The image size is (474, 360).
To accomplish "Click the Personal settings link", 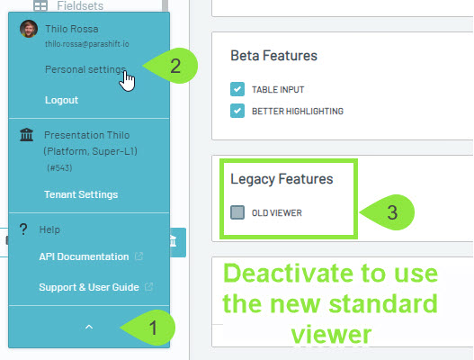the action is click(85, 69).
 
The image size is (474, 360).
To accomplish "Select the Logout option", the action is click(62, 100).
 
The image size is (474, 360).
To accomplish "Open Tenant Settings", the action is click(81, 194).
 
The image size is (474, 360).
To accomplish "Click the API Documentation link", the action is click(84, 256).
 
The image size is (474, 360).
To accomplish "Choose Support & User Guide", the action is click(89, 287).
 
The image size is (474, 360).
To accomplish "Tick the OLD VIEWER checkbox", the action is click(237, 212).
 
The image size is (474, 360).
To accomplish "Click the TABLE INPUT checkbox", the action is click(237, 89).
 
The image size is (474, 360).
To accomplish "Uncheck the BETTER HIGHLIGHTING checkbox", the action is click(237, 111).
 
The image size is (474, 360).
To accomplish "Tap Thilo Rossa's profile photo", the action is click(29, 29).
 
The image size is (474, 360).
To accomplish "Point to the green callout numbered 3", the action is click(388, 212).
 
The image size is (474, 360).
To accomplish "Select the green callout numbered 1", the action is click(148, 328).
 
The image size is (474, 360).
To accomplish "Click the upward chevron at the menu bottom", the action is click(89, 327).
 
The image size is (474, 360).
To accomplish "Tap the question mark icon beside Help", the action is click(23, 229).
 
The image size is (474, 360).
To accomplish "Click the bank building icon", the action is click(27, 135).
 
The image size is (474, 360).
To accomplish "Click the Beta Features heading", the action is click(274, 56).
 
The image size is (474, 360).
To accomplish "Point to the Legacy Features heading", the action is click(282, 179).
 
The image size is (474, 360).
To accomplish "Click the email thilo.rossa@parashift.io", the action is click(87, 44).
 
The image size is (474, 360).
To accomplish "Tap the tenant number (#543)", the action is click(59, 168).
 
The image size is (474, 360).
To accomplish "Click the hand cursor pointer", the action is click(127, 81).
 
